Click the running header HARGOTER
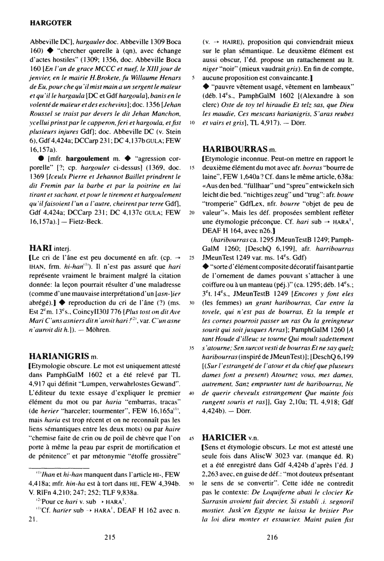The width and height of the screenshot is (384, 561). (51, 22)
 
